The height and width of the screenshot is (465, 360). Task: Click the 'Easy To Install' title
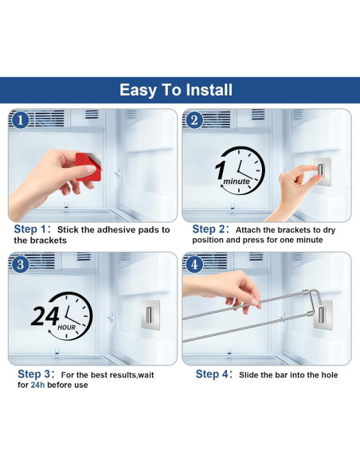(x=176, y=90)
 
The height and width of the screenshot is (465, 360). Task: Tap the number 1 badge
(x=20, y=121)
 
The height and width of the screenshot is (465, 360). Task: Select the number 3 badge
(x=21, y=264)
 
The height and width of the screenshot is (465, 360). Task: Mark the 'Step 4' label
(x=213, y=374)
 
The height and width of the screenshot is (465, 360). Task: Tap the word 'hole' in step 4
(x=327, y=375)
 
